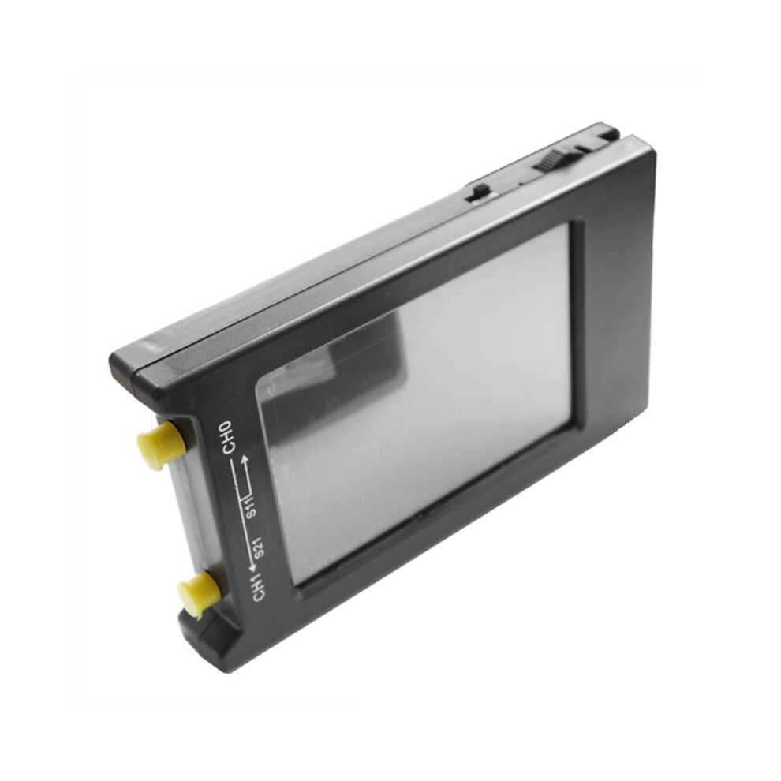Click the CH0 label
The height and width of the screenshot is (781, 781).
click(227, 437)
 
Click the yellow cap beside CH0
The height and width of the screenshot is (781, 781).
click(158, 444)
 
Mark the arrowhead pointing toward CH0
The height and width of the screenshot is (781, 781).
click(245, 459)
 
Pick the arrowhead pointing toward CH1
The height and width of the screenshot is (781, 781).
click(253, 568)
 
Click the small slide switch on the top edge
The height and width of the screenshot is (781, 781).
click(477, 192)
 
